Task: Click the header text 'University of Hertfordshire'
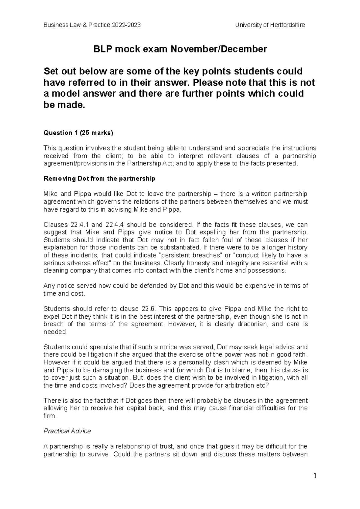pyautogui.click(x=270, y=25)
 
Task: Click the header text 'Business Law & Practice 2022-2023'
pyautogui.click(x=92, y=25)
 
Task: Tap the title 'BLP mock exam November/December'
pyautogui.click(x=180, y=49)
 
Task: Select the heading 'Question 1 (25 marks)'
pyautogui.click(x=78, y=133)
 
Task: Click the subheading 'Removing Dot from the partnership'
pyautogui.click(x=99, y=179)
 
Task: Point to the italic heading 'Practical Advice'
pyautogui.click(x=67, y=431)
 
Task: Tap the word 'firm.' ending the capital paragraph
pyautogui.click(x=50, y=416)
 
